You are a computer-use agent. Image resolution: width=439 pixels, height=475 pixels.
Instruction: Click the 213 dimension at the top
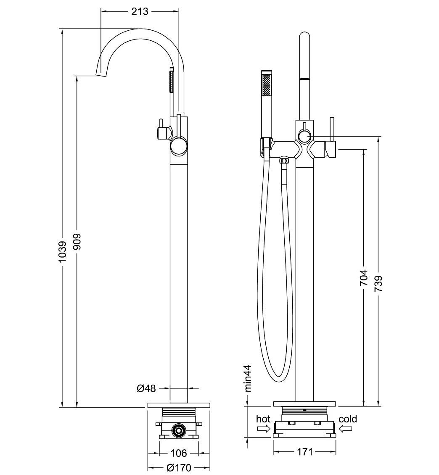click(x=140, y=11)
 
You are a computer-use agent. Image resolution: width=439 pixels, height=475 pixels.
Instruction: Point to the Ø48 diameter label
click(x=146, y=388)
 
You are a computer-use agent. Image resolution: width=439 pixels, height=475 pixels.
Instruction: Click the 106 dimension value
click(x=179, y=453)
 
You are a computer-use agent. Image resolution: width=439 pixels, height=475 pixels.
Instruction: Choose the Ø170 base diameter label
click(x=179, y=467)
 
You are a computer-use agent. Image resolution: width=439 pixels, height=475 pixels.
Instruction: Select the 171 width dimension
click(x=305, y=452)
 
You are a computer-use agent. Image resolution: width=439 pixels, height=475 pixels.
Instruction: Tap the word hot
click(x=263, y=419)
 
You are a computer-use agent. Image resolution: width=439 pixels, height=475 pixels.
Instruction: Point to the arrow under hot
click(x=263, y=429)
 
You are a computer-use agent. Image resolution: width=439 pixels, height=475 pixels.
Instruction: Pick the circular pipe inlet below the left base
click(x=179, y=430)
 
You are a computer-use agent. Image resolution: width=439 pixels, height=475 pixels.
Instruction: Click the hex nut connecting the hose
click(x=285, y=161)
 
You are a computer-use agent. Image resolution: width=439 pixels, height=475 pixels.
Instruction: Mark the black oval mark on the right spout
click(x=304, y=79)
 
